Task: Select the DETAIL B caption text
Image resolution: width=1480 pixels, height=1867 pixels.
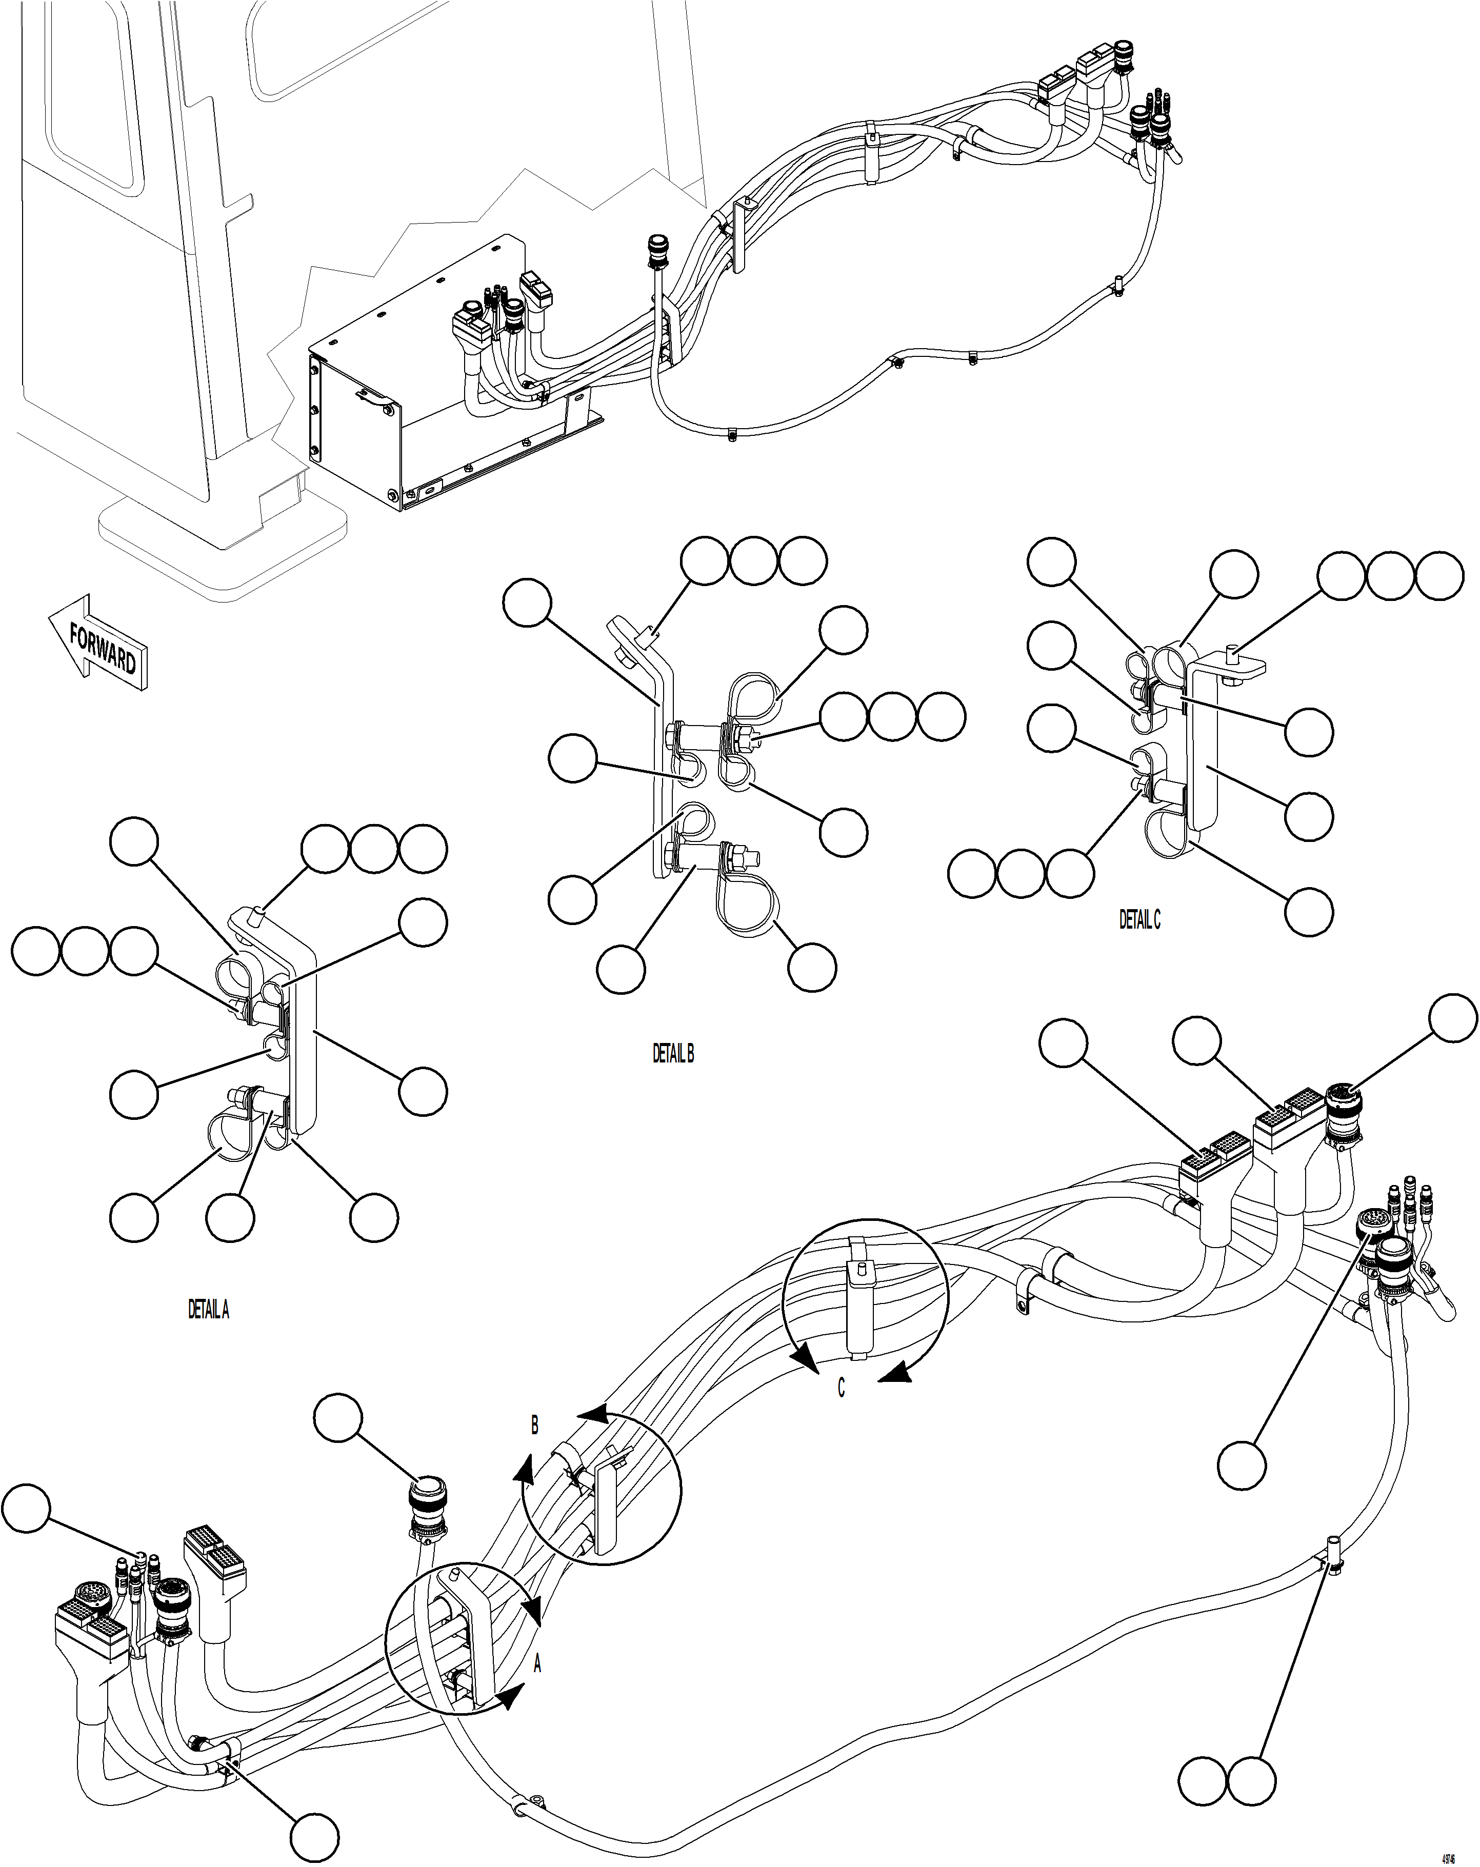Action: click(x=673, y=1054)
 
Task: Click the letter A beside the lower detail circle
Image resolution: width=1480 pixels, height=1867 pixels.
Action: click(x=537, y=1664)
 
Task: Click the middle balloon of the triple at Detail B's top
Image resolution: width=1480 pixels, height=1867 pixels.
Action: click(x=752, y=561)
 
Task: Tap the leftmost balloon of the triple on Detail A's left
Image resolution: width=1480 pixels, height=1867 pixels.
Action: click(x=35, y=951)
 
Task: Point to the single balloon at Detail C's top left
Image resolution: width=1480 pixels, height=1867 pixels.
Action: click(x=1051, y=562)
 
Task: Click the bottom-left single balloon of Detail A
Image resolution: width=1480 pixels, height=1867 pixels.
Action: click(x=134, y=1217)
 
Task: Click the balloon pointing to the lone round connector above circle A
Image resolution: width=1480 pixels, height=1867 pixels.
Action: click(x=338, y=1418)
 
